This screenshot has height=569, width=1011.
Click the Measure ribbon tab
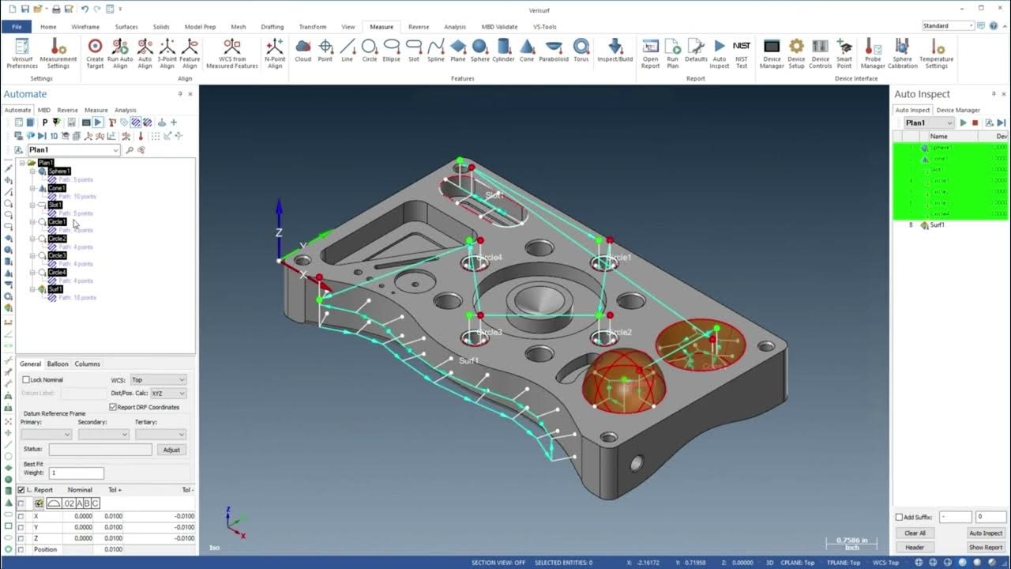[381, 27]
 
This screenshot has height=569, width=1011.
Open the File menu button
[17, 27]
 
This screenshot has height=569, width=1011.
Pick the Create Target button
[95, 52]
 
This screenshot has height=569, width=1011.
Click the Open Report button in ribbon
[650, 52]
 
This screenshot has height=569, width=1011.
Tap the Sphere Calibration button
[902, 52]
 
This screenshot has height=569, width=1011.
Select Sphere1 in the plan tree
[59, 171]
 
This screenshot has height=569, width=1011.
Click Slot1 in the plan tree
[54, 205]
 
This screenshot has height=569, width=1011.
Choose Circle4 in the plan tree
[57, 273]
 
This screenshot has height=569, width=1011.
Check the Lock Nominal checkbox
[26, 380]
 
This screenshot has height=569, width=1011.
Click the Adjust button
[171, 450]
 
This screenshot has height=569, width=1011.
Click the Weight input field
[76, 473]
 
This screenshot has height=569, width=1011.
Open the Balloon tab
[58, 364]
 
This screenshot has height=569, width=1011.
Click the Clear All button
[915, 533]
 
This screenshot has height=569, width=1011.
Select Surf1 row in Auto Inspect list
[937, 225]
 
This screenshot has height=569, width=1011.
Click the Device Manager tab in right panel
[957, 111]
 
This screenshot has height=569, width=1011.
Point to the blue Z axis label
[279, 232]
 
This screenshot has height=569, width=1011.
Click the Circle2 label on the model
[620, 333]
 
